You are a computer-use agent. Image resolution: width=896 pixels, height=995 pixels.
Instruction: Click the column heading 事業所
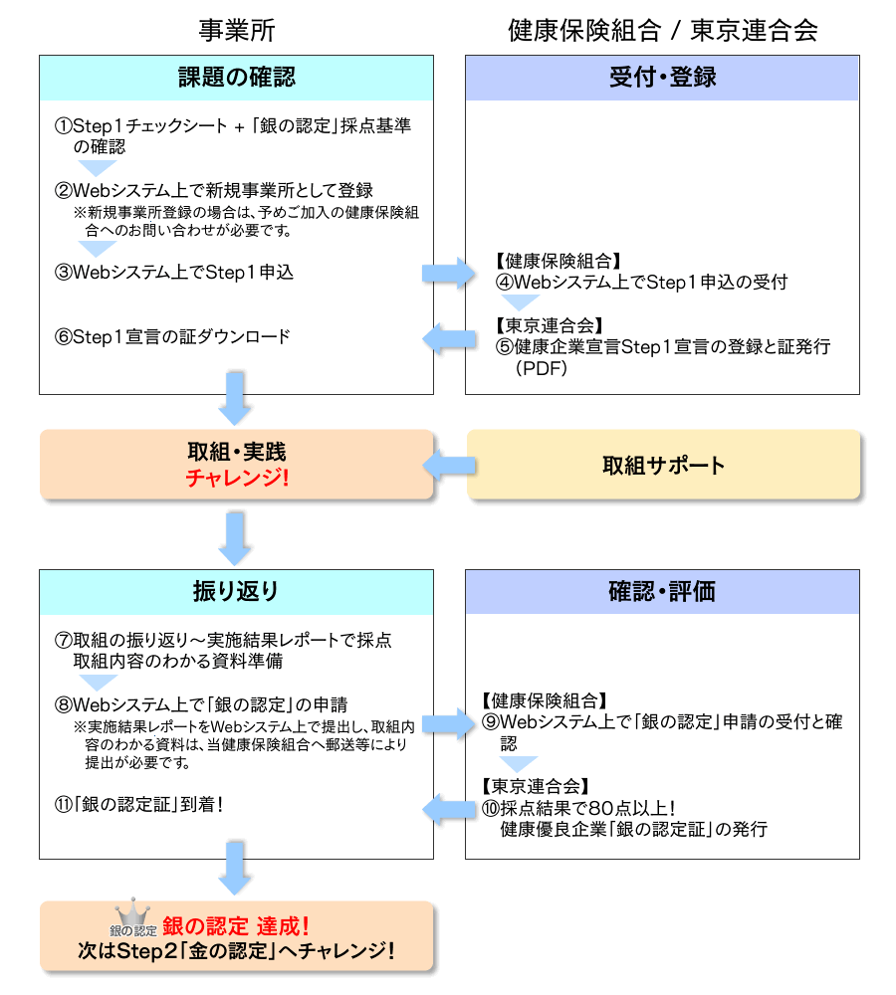[x=237, y=30]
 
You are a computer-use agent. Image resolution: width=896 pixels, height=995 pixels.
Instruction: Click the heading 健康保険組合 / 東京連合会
[x=662, y=30]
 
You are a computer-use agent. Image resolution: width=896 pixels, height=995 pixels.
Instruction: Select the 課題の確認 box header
[x=237, y=78]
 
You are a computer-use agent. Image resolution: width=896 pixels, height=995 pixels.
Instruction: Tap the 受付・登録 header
[x=662, y=78]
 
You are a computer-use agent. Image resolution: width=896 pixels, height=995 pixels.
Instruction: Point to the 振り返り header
[x=237, y=592]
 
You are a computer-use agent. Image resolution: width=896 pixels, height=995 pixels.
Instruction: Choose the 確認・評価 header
[x=662, y=592]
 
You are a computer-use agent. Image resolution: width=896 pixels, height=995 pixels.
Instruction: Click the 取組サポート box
[x=663, y=465]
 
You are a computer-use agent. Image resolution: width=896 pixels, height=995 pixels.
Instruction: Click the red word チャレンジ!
[x=237, y=478]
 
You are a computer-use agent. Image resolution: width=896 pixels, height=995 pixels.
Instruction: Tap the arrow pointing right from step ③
[x=450, y=272]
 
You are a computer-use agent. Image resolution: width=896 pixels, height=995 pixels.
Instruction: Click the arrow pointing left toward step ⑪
[x=450, y=809]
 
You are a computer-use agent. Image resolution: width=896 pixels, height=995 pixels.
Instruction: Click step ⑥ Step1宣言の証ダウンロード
[x=173, y=336]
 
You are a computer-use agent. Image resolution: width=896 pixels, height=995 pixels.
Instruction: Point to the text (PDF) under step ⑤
[x=542, y=368]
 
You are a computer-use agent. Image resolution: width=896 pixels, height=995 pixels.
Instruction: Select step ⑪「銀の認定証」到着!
[x=139, y=803]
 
